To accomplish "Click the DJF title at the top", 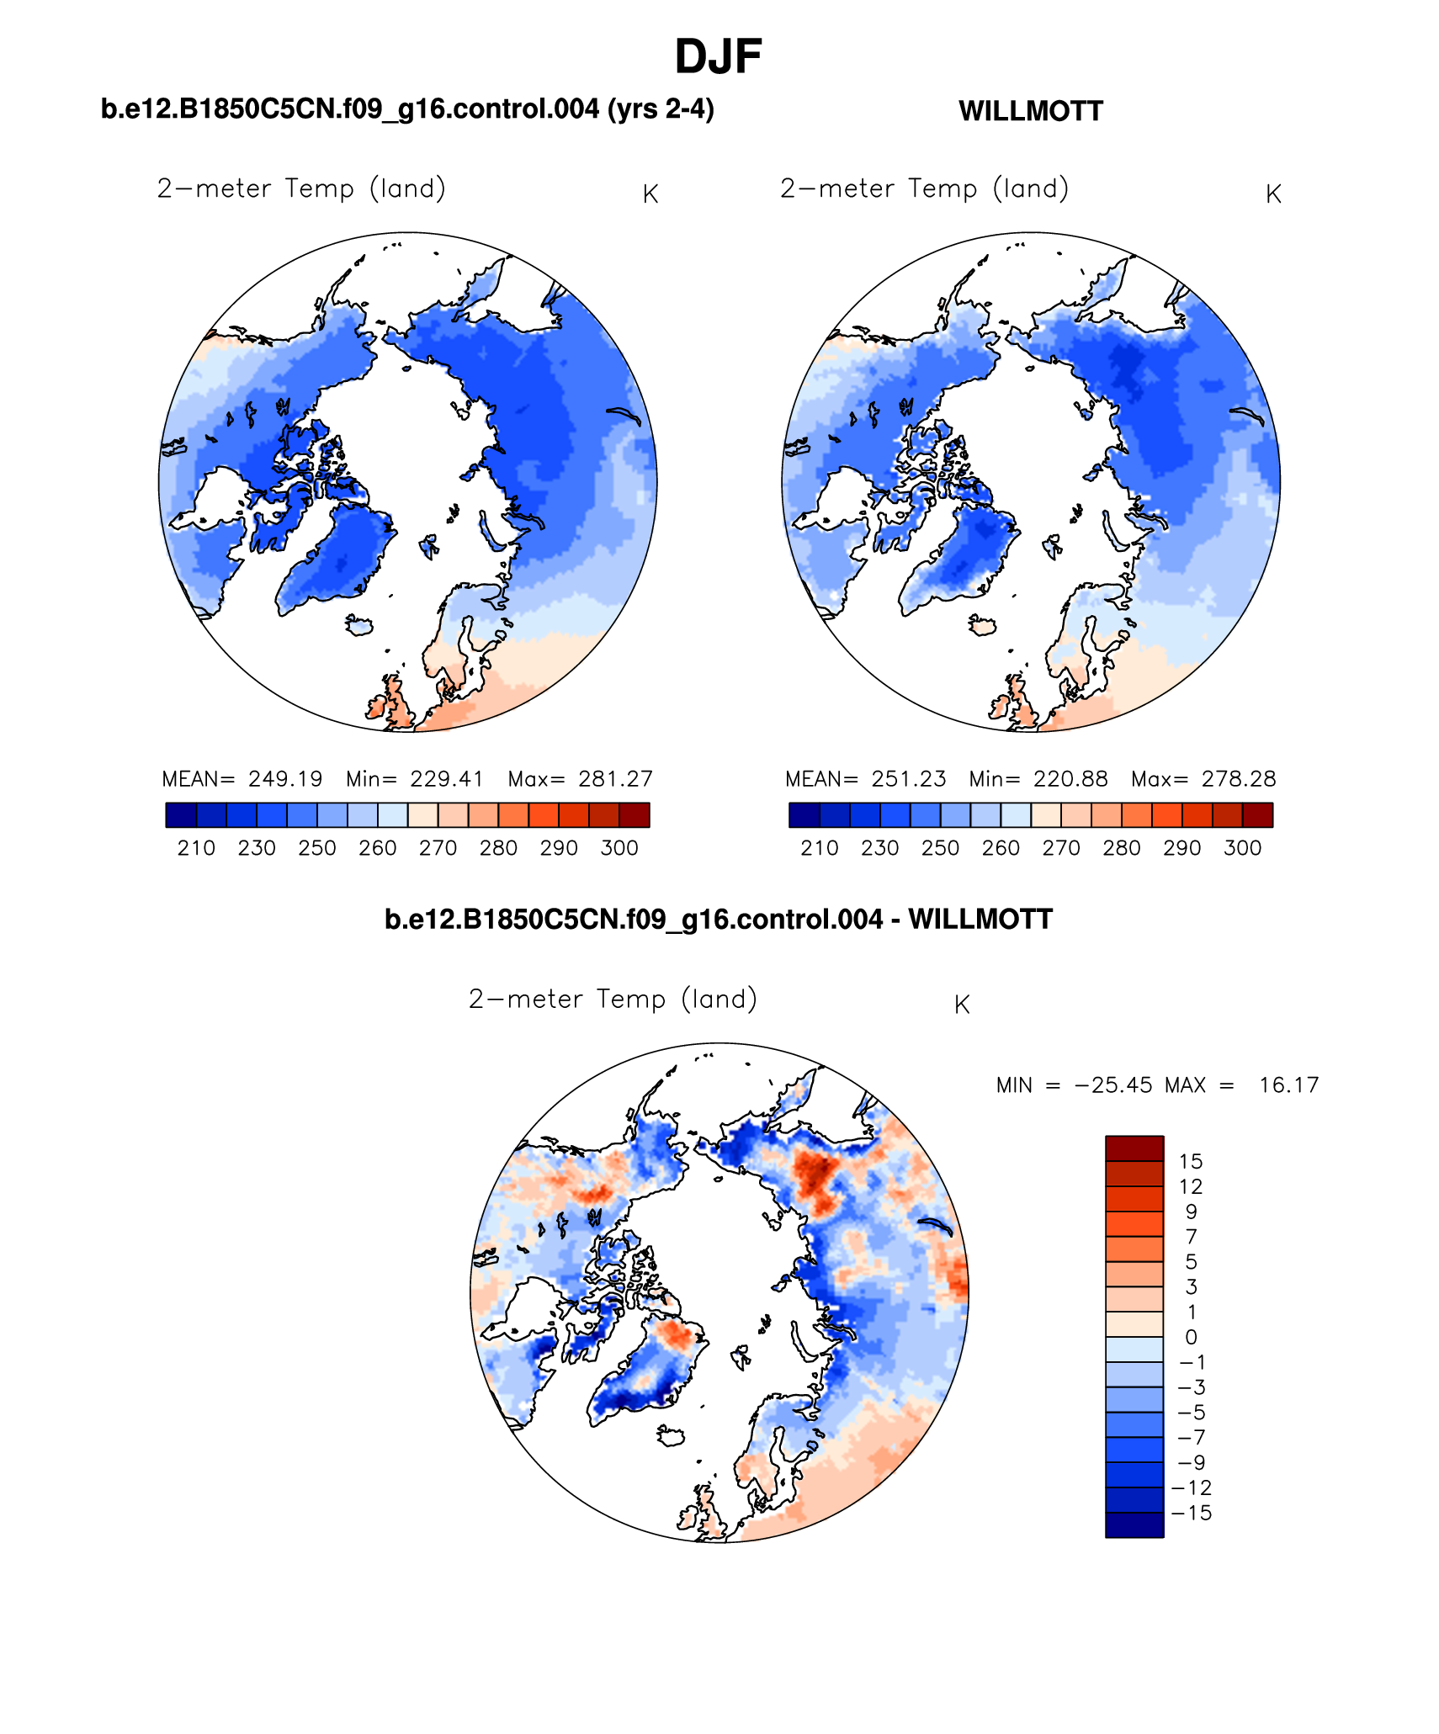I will click(718, 57).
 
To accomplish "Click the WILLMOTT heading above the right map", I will click(1030, 111).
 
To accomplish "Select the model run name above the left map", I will click(407, 109).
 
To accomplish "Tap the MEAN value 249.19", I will click(285, 779).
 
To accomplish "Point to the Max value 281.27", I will click(615, 779).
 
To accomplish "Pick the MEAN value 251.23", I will click(908, 779).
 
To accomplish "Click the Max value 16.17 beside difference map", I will click(1288, 1085).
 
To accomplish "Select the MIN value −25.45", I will click(1113, 1085).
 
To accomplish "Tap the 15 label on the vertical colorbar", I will click(1191, 1162).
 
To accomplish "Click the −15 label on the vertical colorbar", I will click(1191, 1513).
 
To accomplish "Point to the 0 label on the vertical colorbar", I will click(1191, 1337).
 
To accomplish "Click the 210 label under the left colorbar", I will click(196, 848).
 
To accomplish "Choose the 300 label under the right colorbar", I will click(1242, 848).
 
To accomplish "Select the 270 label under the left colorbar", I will click(438, 848).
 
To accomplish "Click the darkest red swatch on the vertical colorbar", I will click(1134, 1148).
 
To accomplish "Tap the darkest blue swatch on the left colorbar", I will click(181, 815).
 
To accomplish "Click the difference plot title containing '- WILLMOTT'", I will click(718, 920).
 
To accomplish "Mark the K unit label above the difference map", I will click(962, 1005).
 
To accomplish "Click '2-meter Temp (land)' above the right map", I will click(924, 188).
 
